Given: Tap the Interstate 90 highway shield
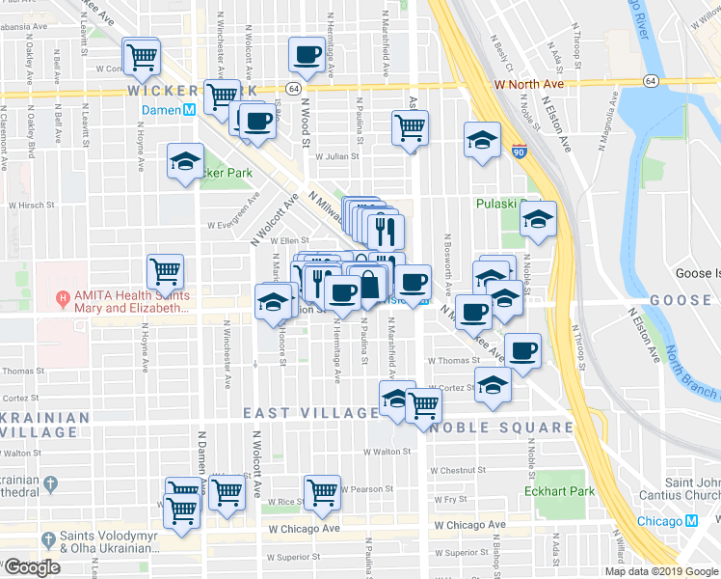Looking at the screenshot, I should tap(520, 152).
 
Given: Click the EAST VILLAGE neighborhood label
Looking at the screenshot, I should tap(310, 413).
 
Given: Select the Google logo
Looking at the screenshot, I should tap(33, 567).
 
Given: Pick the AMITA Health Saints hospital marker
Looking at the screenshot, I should tap(64, 296).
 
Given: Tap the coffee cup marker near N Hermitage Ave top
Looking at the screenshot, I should tap(307, 56).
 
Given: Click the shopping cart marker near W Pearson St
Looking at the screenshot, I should tap(322, 493).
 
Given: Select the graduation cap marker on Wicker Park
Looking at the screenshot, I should tap(184, 162).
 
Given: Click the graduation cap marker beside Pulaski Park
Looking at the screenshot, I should tap(538, 218).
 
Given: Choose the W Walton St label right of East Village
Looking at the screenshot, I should tap(387, 451).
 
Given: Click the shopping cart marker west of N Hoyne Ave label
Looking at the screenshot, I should tap(165, 273).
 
